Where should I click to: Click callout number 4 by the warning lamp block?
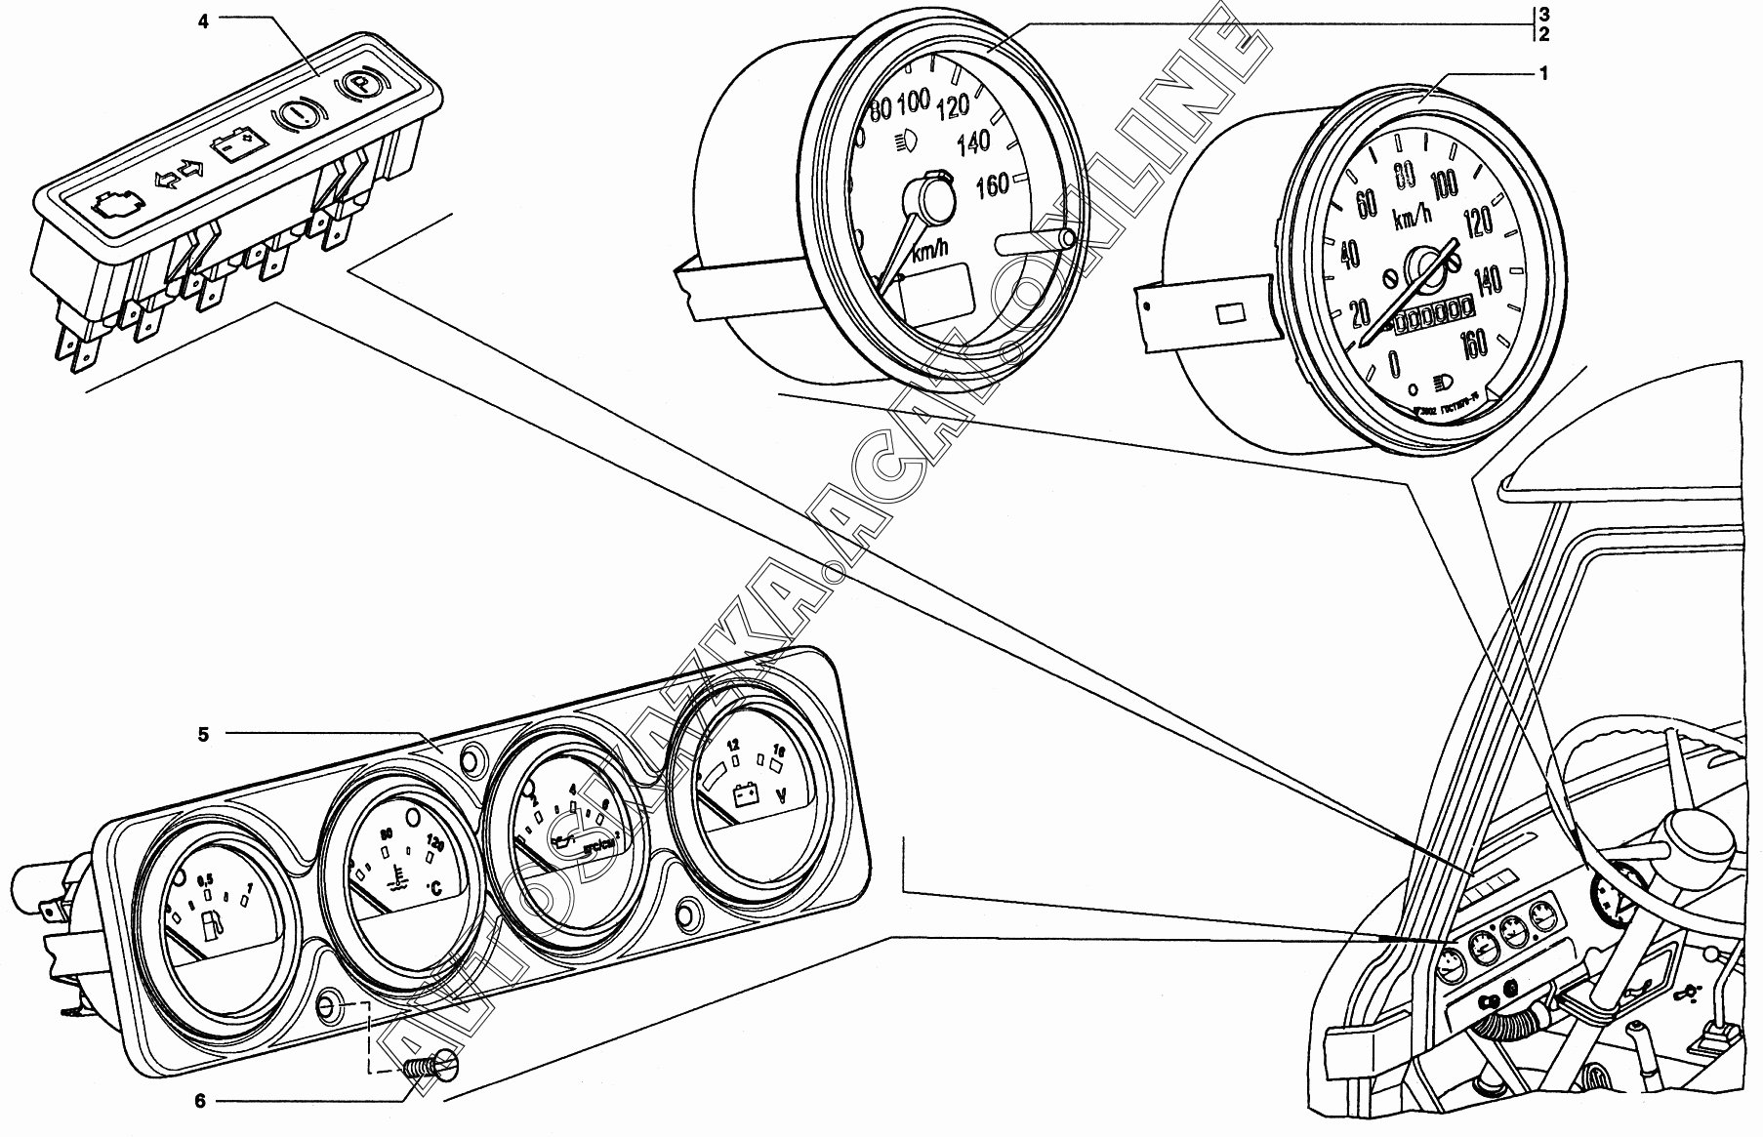tap(203, 20)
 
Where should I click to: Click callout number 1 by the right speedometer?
tap(1542, 72)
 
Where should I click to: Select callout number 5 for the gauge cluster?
tap(203, 735)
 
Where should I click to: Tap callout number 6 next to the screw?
tap(200, 1102)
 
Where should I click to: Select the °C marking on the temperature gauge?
tap(436, 888)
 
